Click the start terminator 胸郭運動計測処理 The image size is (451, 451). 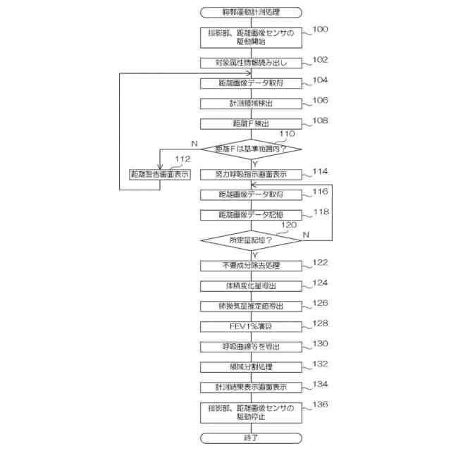pyautogui.click(x=252, y=11)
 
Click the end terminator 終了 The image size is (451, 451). pyautogui.click(x=252, y=438)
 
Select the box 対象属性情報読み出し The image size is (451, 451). pyautogui.click(x=252, y=63)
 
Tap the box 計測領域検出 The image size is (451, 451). pyautogui.click(x=252, y=103)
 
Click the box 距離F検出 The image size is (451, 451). pyautogui.click(x=252, y=123)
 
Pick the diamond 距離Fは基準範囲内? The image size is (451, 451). pyautogui.click(x=252, y=149)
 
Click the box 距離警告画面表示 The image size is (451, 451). pyautogui.click(x=160, y=173)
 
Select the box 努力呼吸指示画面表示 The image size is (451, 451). pyautogui.click(x=252, y=173)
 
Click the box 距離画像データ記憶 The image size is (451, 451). pyautogui.click(x=252, y=214)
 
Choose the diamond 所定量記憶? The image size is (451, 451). pyautogui.click(x=252, y=240)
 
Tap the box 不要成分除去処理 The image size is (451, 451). pyautogui.click(x=252, y=265)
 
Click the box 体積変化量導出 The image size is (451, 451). pyautogui.click(x=252, y=285)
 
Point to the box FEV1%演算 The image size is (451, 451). pyautogui.click(x=252, y=326)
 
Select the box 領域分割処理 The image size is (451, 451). pyautogui.click(x=252, y=366)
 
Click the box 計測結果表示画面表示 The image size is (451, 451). pyautogui.click(x=252, y=387)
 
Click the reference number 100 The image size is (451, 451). pyautogui.click(x=320, y=30)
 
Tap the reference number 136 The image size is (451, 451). pyautogui.click(x=320, y=404)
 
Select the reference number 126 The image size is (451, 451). pyautogui.click(x=320, y=303)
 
